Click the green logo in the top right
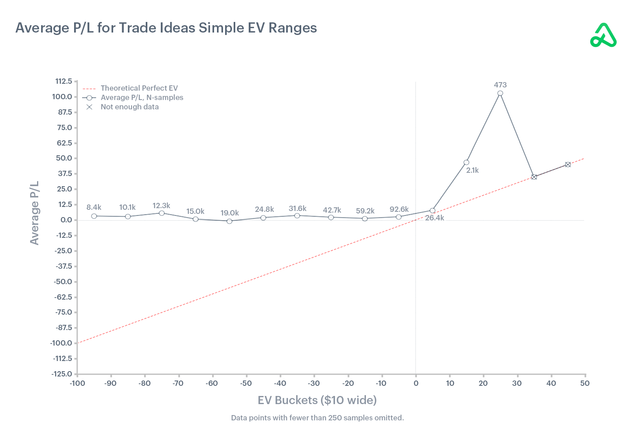coord(603,35)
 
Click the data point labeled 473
coord(500,94)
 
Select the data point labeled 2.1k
coord(466,163)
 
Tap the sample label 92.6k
coord(399,209)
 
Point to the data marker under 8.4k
coord(94,216)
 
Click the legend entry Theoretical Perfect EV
coord(139,88)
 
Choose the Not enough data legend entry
coord(129,107)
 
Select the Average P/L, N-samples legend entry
coord(142,98)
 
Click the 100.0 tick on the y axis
coord(62,97)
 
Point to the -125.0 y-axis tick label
coord(62,374)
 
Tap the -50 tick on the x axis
coord(245,383)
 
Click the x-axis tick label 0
coord(416,383)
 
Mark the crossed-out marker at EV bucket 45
coord(568,165)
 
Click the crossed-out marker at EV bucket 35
coord(534,177)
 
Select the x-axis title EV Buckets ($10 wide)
coord(317,400)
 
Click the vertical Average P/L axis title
coord(35,213)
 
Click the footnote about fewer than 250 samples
coord(317,418)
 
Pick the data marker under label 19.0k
coord(230,221)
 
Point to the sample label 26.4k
coord(434,218)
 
